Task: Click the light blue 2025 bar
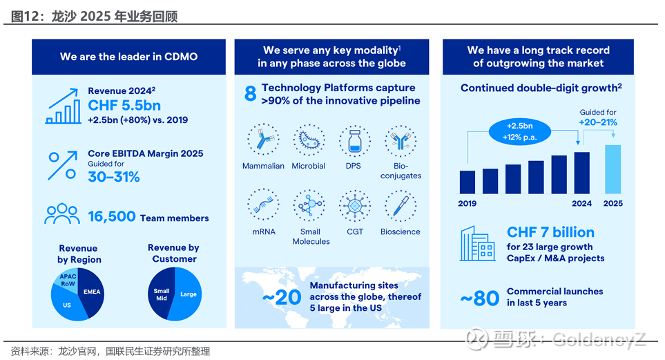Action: point(613,169)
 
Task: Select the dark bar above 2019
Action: point(468,182)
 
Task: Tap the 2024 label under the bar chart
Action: point(582,204)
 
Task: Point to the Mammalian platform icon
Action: point(263,142)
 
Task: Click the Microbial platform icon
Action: point(309,142)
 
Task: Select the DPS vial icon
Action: point(355,142)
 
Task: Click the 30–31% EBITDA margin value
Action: point(114,177)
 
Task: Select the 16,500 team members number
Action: point(112,217)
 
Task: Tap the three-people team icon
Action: point(62,214)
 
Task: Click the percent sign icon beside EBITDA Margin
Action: point(61,165)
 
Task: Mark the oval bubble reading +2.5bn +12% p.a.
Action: point(523,131)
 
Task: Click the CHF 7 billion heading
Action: point(550,232)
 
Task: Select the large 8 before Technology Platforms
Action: point(251,95)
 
